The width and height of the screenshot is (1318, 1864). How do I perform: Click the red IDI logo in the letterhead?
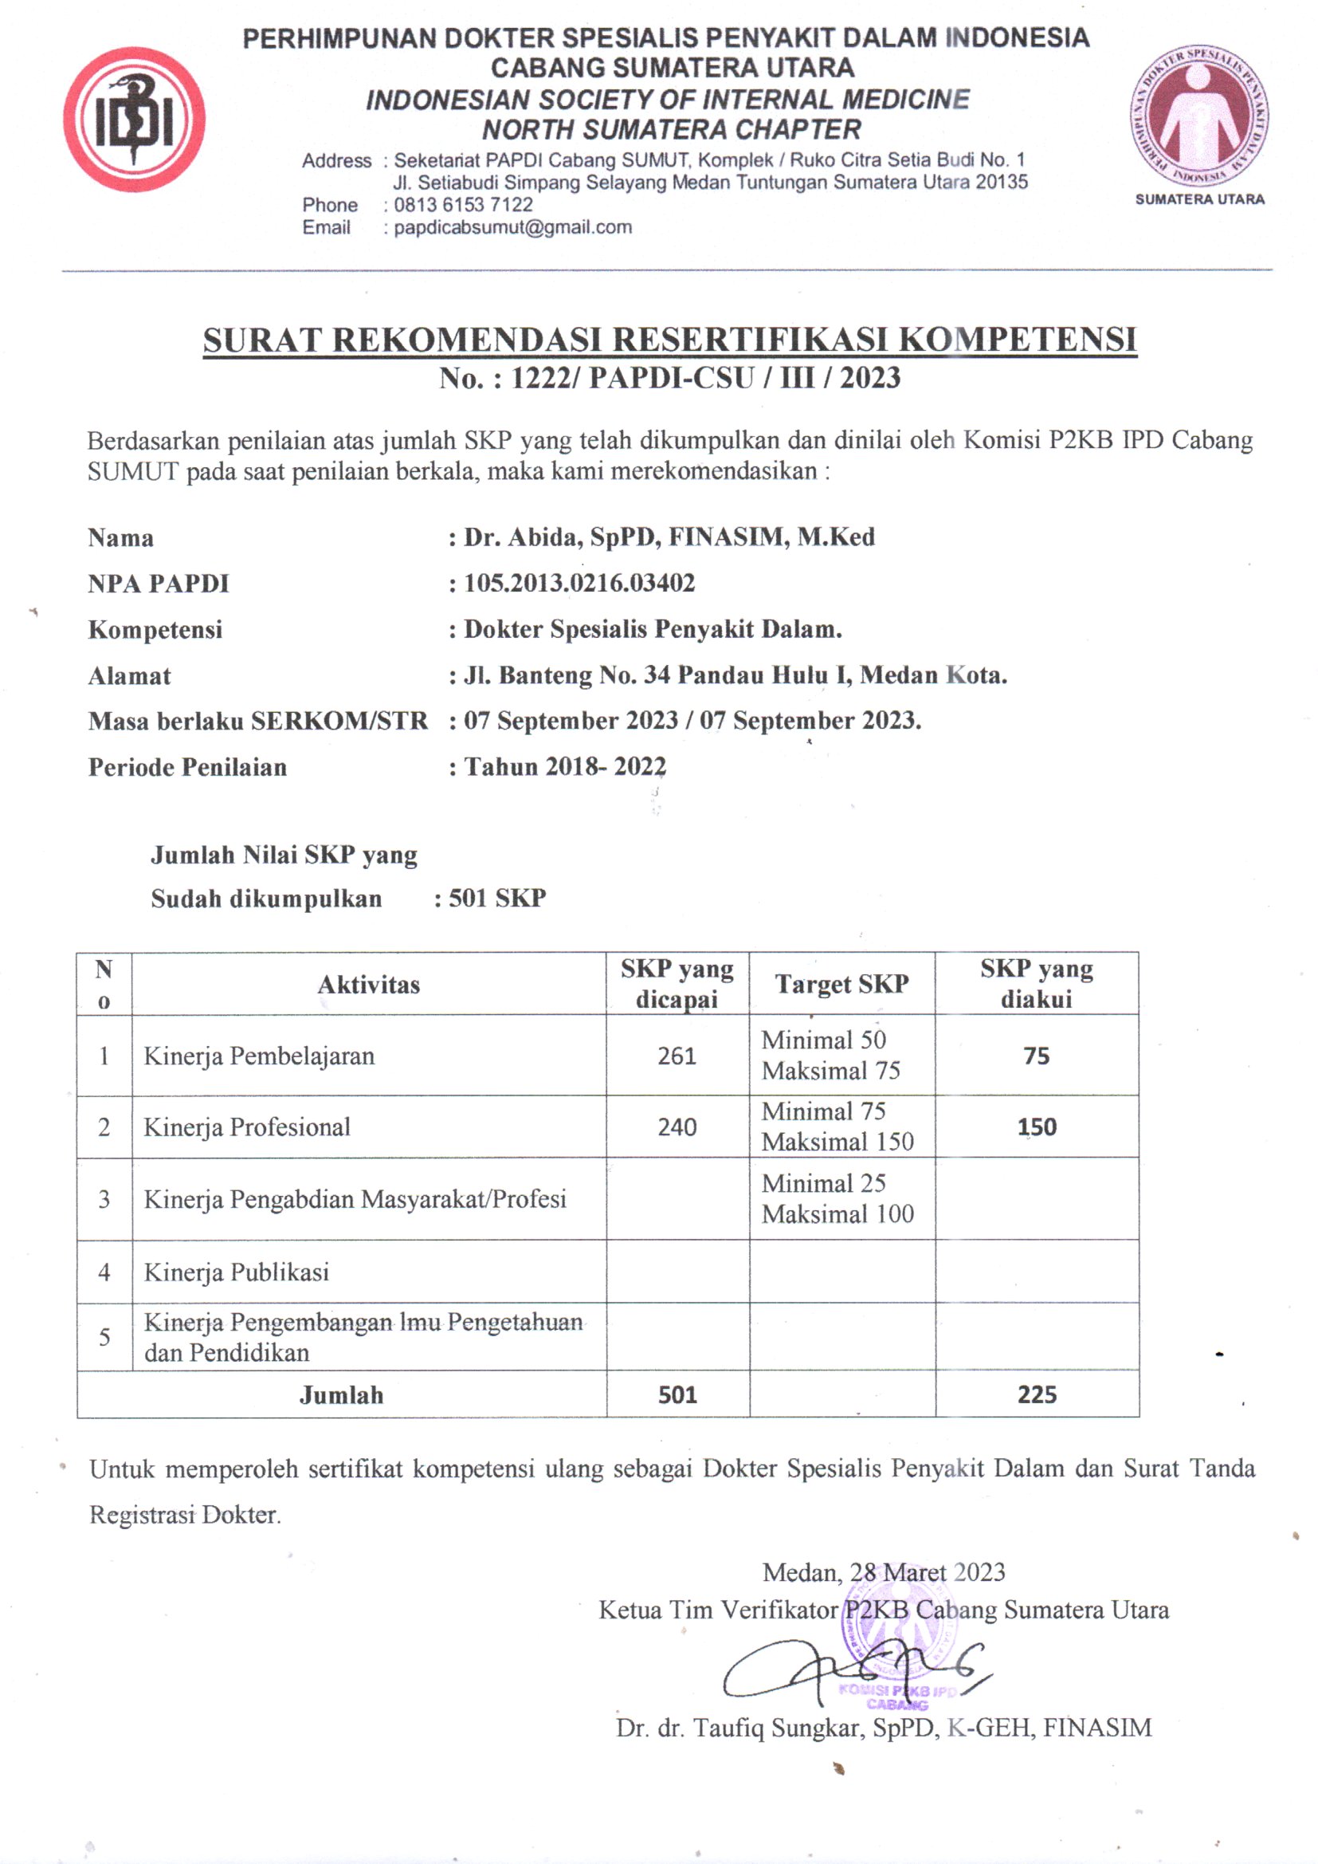135,120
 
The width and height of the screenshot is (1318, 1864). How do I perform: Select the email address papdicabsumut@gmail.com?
512,227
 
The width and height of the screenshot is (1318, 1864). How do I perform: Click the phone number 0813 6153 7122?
463,205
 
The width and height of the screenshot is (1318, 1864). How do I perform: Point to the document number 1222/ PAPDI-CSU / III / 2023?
704,379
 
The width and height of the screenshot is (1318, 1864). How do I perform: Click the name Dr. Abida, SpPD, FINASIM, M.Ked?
669,537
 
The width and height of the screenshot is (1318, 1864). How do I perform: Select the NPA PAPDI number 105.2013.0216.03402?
579,583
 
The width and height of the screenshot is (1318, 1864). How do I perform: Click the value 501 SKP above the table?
496,898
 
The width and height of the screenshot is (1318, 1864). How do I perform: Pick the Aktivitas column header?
368,985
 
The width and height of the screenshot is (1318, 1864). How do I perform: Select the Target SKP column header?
841,984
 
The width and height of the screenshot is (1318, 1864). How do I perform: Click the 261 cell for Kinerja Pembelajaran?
677,1056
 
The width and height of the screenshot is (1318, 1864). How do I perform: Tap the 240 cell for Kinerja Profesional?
677,1127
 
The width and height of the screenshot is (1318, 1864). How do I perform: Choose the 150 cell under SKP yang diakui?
1037,1127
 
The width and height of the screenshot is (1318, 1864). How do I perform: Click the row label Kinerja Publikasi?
236,1272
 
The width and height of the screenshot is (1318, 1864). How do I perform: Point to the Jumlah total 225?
1037,1394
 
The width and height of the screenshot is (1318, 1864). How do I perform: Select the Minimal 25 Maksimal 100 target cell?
837,1198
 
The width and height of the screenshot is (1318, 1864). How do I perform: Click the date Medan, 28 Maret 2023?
883,1572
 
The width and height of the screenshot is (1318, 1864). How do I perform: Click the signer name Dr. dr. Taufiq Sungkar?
883,1728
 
